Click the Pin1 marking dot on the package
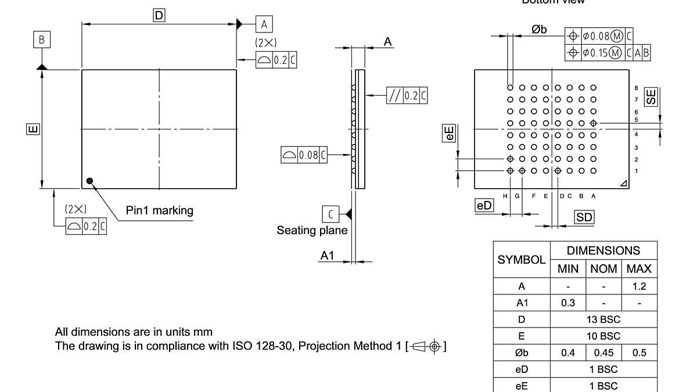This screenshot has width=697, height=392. click(x=89, y=180)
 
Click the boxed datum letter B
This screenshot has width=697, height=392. click(x=41, y=39)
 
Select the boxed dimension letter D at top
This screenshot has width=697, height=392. click(x=159, y=16)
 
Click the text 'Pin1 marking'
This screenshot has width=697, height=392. click(x=159, y=210)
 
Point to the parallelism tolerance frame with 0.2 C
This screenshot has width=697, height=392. click(x=407, y=95)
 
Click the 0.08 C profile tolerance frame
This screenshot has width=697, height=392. click(x=304, y=155)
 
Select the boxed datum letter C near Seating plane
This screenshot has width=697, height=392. click(x=330, y=214)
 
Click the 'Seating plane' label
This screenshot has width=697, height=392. click(x=312, y=231)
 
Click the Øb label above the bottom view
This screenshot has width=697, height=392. click(x=539, y=30)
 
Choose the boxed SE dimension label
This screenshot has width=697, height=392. click(x=652, y=96)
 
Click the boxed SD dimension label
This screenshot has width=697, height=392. click(x=584, y=217)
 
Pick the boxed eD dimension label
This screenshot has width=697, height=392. click(x=484, y=206)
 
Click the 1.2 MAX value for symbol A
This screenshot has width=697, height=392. click(x=639, y=286)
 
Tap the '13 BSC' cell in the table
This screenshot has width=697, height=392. click(x=603, y=319)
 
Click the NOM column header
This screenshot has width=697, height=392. click(x=603, y=269)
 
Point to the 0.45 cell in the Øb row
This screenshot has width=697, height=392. click(x=603, y=353)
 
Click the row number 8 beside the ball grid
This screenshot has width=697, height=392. click(x=637, y=88)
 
